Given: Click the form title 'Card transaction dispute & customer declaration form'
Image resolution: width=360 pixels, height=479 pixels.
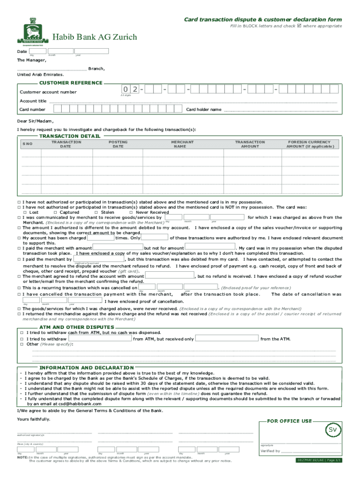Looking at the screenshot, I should (262, 19).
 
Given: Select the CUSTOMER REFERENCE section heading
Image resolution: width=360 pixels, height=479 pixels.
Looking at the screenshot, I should (71, 83).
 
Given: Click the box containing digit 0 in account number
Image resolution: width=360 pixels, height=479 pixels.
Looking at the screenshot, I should (126, 89).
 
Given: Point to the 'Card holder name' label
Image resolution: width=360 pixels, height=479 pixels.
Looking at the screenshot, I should (204, 109).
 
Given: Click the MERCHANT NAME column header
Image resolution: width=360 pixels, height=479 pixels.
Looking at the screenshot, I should (182, 144).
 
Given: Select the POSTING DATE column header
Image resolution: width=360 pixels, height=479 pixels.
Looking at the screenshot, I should (118, 144).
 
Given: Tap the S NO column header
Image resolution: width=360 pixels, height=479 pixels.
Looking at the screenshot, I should (28, 144).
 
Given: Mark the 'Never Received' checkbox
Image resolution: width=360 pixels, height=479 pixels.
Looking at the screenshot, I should (131, 212).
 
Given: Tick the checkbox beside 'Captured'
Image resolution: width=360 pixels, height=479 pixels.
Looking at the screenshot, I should (56, 212).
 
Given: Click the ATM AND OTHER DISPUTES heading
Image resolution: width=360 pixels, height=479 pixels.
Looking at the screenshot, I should (76, 327).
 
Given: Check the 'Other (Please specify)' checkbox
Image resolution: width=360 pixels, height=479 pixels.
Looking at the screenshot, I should (22, 344).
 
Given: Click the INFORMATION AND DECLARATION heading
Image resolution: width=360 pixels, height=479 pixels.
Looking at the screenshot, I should (86, 368).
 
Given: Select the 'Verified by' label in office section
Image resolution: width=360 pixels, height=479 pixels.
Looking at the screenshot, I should (270, 451).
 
